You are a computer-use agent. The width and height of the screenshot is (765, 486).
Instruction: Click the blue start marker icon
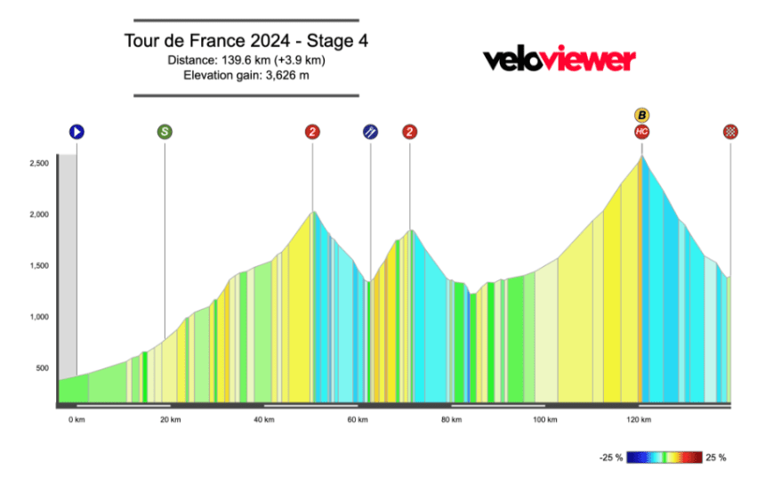click(76, 132)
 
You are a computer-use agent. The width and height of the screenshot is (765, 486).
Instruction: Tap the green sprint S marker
click(165, 132)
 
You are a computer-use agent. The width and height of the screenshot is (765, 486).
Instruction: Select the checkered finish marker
click(730, 132)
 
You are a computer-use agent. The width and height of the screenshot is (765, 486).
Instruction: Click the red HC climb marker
click(641, 132)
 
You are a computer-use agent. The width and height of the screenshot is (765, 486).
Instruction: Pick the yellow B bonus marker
click(641, 115)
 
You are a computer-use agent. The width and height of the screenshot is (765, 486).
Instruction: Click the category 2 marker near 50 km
click(312, 132)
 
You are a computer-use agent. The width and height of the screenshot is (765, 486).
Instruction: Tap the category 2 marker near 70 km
click(409, 132)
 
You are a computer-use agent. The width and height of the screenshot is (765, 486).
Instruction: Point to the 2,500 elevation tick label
click(37, 163)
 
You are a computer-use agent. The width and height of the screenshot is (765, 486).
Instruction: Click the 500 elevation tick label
click(41, 369)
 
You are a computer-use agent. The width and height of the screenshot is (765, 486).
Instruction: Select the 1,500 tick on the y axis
click(37, 266)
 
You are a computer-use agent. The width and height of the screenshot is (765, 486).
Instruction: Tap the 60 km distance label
click(358, 419)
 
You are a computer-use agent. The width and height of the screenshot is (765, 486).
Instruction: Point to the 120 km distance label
click(637, 419)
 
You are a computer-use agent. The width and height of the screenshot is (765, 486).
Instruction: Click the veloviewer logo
click(560, 60)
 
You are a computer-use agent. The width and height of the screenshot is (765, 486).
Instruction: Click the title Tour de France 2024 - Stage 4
click(247, 41)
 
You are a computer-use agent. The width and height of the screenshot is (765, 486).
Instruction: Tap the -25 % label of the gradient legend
click(611, 458)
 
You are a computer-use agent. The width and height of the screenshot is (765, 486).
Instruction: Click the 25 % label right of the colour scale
click(716, 458)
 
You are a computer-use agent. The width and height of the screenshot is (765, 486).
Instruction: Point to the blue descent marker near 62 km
click(370, 132)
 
